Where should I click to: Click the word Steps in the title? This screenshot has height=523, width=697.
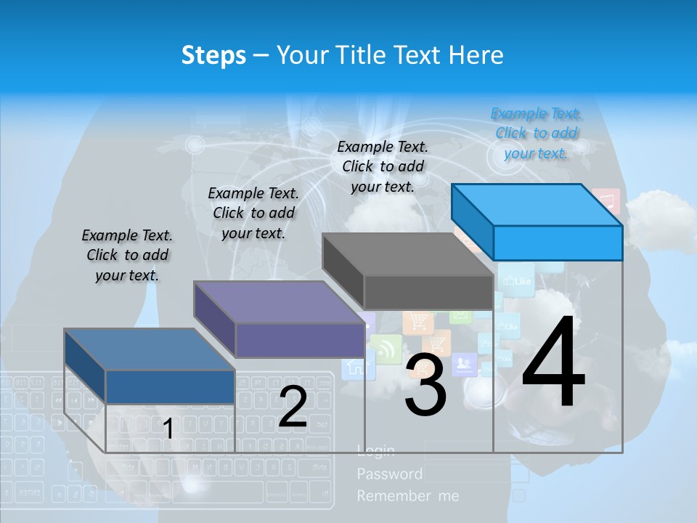213,55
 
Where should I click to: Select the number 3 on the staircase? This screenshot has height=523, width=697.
425,386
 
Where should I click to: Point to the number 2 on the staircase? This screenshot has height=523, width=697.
293,407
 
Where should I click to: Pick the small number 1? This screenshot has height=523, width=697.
168,429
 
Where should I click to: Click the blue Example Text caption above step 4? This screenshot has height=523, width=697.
536,133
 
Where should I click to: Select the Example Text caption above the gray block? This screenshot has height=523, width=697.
383,166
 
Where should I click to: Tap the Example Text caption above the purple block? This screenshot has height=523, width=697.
253,213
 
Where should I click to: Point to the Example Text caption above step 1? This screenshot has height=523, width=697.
127,255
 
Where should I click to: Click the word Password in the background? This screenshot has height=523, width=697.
389,474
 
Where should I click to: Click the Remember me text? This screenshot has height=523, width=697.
407,496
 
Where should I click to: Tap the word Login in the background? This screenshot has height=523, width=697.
376,452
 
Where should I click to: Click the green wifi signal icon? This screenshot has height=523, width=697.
386,349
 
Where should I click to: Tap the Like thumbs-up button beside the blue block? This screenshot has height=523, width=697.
517,281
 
